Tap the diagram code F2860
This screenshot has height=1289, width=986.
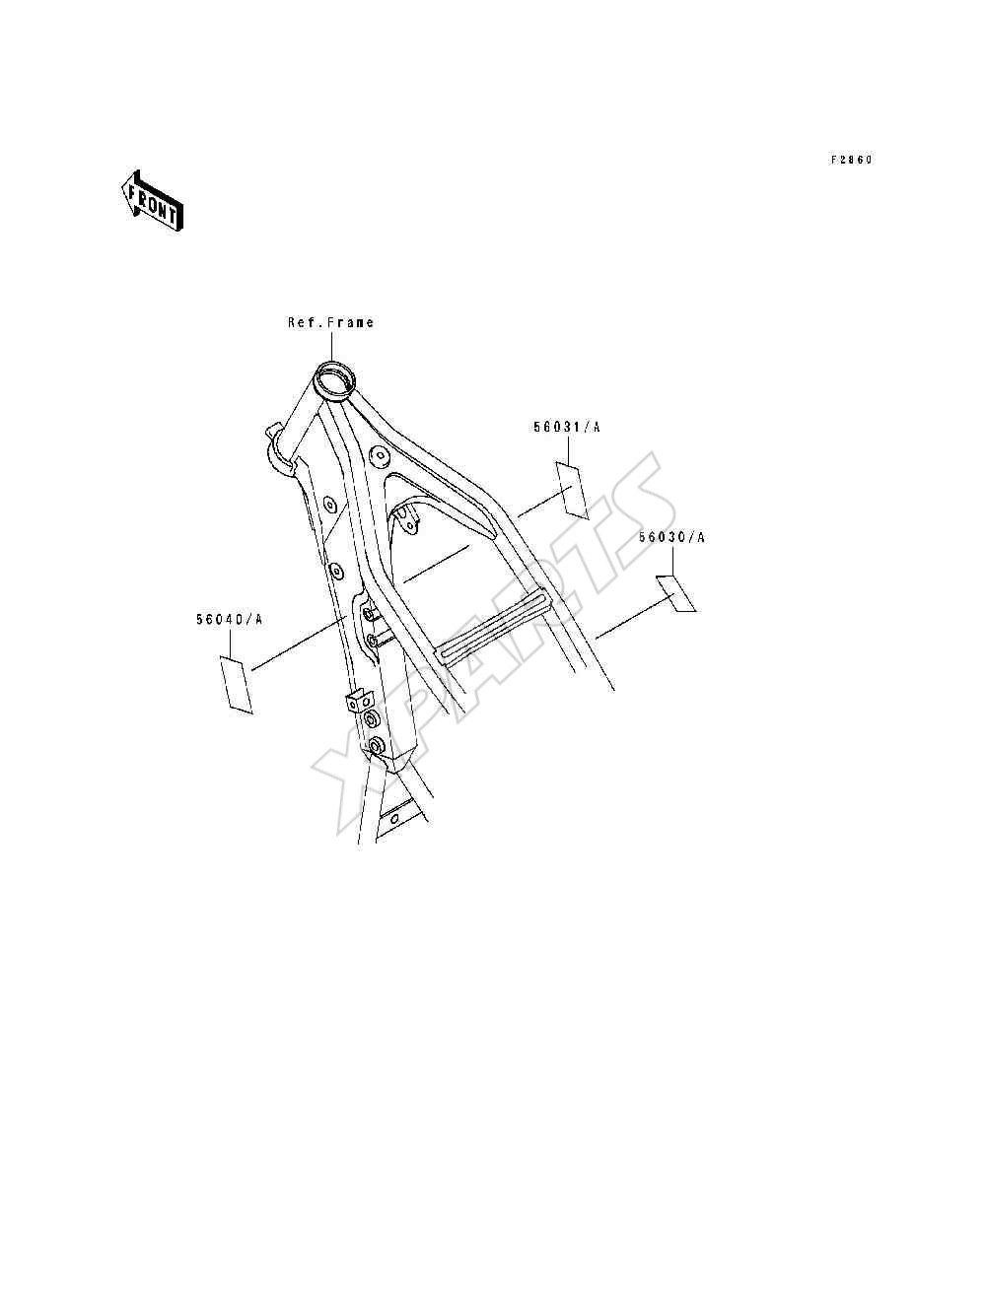pos(852,160)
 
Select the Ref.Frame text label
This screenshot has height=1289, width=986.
pos(330,322)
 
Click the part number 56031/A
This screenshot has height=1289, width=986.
pos(566,427)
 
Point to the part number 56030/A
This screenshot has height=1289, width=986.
pos(671,537)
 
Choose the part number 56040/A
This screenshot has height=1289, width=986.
pos(229,619)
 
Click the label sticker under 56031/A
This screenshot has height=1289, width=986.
pos(571,490)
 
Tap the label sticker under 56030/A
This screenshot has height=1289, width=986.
pos(676,593)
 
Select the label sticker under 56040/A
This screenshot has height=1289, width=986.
pos(237,685)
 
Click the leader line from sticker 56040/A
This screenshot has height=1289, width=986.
pos(299,643)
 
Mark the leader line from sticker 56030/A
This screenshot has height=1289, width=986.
pos(635,615)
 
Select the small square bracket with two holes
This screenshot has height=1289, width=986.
pos(360,702)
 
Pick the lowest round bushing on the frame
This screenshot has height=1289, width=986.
pos(376,746)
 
